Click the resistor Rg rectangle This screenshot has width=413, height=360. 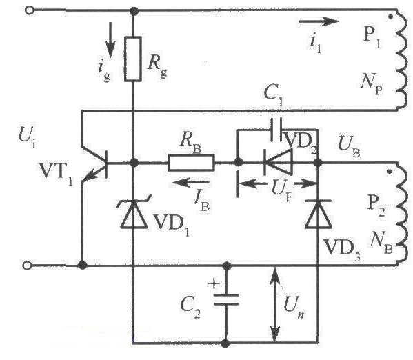(133, 59)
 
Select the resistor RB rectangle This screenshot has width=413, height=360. (191, 162)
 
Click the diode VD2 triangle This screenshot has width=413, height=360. (278, 162)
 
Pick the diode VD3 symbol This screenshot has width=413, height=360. (318, 214)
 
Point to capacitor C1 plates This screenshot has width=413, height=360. (276, 130)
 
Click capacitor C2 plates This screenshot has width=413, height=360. (226, 299)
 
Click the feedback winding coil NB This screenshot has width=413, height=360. (402, 213)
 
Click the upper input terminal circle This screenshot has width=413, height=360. (30, 10)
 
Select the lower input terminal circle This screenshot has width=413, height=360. (27, 266)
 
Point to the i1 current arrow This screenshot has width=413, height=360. (319, 21)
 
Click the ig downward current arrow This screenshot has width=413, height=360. (110, 40)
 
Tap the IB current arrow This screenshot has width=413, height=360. (191, 182)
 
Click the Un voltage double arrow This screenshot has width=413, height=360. (274, 304)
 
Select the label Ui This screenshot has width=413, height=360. (27, 137)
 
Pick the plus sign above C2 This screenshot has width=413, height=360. (214, 283)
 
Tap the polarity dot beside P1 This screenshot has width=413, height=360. (391, 17)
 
